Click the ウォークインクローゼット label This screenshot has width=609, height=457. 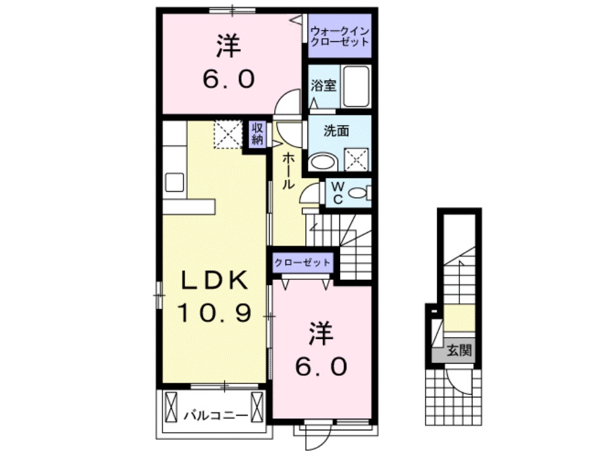click(339, 37)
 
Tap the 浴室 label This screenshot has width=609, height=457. click(324, 85)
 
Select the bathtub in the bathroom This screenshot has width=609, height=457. click(357, 86)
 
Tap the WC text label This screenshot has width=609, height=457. click(337, 193)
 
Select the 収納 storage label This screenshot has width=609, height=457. click(257, 135)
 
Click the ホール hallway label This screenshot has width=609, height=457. click(287, 171)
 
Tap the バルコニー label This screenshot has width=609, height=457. click(215, 416)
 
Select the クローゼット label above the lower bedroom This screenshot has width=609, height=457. click(302, 262)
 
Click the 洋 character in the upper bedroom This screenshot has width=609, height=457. click(228, 45)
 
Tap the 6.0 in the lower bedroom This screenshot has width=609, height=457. click(322, 366)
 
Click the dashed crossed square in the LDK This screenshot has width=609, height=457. click(228, 135)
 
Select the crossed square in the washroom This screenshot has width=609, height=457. click(356, 159)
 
